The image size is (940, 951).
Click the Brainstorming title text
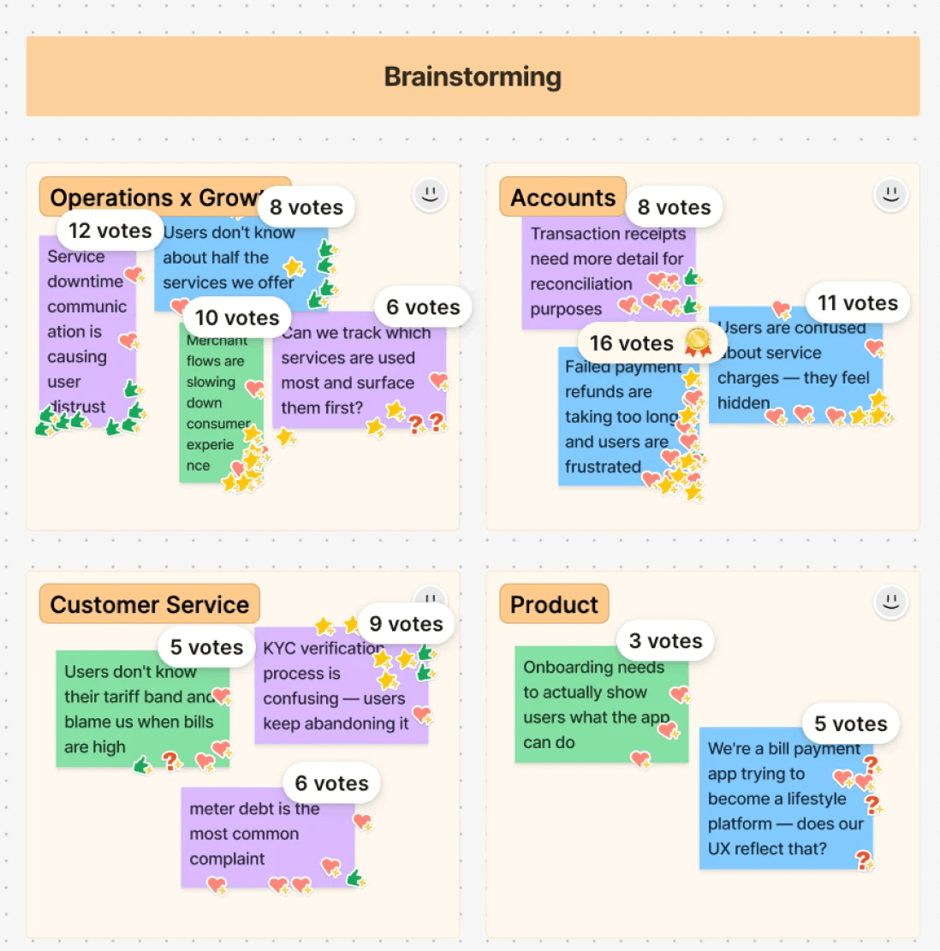click(473, 77)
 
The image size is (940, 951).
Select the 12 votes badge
click(110, 231)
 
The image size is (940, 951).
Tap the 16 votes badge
click(632, 343)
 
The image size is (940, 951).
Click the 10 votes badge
click(237, 318)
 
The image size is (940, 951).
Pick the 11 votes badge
click(857, 303)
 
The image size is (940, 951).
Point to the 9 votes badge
click(406, 624)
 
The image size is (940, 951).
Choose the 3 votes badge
click(665, 641)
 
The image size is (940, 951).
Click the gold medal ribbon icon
click(698, 342)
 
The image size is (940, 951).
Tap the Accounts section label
click(562, 198)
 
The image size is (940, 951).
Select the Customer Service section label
click(149, 604)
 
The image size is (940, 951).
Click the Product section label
click(554, 604)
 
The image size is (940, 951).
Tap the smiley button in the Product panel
click(890, 601)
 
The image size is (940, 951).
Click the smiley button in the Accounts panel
click(890, 194)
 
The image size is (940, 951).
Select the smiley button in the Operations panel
click(430, 194)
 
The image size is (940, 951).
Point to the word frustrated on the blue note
click(603, 467)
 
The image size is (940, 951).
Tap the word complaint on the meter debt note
click(227, 859)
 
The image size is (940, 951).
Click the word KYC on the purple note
click(279, 648)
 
